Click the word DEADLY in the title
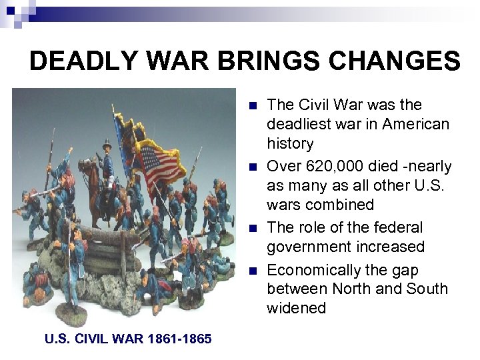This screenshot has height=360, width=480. [75, 61]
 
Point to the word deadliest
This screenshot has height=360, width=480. [298, 124]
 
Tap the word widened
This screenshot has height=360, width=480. [297, 308]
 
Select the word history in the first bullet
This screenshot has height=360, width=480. [290, 143]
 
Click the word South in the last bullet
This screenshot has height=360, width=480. [429, 289]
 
